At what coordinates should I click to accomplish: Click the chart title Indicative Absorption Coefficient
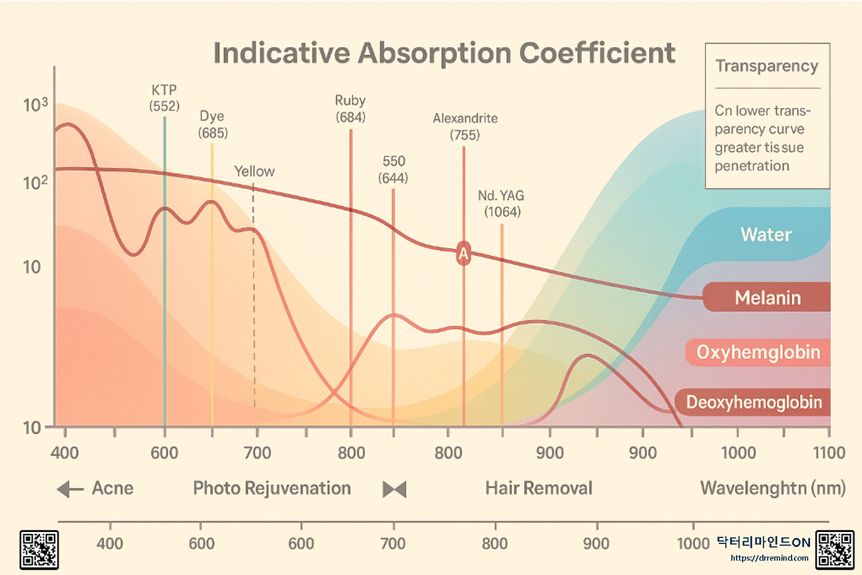point(444,53)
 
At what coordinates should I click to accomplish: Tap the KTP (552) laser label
point(164,98)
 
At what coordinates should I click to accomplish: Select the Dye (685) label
point(213,124)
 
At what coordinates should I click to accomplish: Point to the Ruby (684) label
point(350,109)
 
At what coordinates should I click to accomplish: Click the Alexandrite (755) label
point(465,127)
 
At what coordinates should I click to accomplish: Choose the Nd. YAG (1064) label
point(501,204)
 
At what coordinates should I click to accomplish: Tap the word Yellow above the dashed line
point(254,171)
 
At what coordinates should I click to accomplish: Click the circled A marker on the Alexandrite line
point(463,253)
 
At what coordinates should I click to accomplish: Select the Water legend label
point(766,235)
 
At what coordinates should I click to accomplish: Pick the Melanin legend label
point(768,297)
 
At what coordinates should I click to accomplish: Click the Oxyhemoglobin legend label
point(758,352)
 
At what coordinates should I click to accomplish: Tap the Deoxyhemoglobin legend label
point(754,402)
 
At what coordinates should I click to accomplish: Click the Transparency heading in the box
point(766,66)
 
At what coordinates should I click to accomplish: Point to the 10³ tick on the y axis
point(35,105)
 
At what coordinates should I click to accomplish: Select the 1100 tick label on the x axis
point(829,453)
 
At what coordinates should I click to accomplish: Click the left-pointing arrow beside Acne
point(70,490)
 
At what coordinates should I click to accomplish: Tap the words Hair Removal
point(538,488)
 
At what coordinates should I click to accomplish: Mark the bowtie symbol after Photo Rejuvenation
point(395,490)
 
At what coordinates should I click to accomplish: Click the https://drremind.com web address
point(769,558)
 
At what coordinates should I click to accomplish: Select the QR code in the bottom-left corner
point(39,549)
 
